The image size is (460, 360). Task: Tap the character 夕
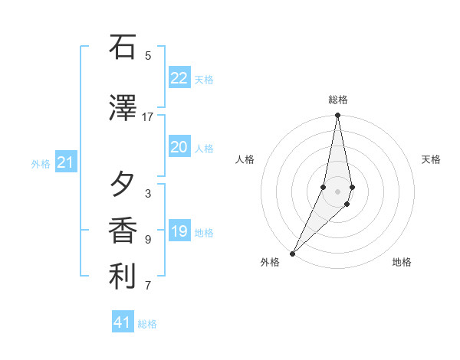[x=123, y=185]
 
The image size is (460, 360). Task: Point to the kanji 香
[x=123, y=231]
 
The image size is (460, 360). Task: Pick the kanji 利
[x=123, y=277]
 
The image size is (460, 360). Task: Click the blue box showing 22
[x=179, y=78]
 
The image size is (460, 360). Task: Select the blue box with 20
[x=179, y=147]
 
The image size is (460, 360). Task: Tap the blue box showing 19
[x=179, y=231]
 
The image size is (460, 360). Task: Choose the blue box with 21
[x=66, y=162]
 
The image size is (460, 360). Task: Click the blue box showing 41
[x=123, y=322]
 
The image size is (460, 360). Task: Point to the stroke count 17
[x=148, y=117]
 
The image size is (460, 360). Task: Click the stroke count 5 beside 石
[x=148, y=56]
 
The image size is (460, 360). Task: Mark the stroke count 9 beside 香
[x=148, y=240]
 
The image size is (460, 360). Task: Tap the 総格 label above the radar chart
[x=338, y=100]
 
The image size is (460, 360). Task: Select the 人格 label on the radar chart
[x=245, y=159]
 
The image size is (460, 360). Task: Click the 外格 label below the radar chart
[x=270, y=263]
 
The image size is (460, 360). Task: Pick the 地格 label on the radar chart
[x=402, y=263]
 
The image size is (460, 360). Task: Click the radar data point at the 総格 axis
[x=337, y=116]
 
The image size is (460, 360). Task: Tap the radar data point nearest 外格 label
[x=292, y=253]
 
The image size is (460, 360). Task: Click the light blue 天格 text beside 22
[x=204, y=79]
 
